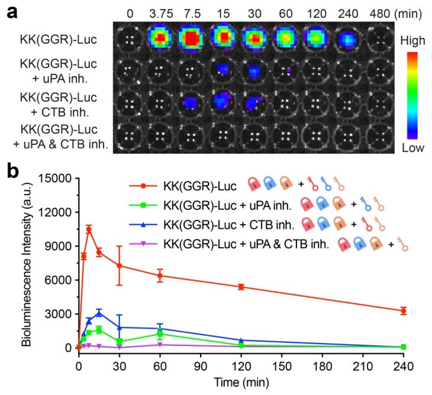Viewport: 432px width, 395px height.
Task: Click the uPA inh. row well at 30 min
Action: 255,70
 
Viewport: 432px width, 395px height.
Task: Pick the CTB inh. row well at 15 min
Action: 223,101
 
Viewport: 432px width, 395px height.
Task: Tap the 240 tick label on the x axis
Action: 403,358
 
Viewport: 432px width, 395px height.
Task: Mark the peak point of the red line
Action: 89,229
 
